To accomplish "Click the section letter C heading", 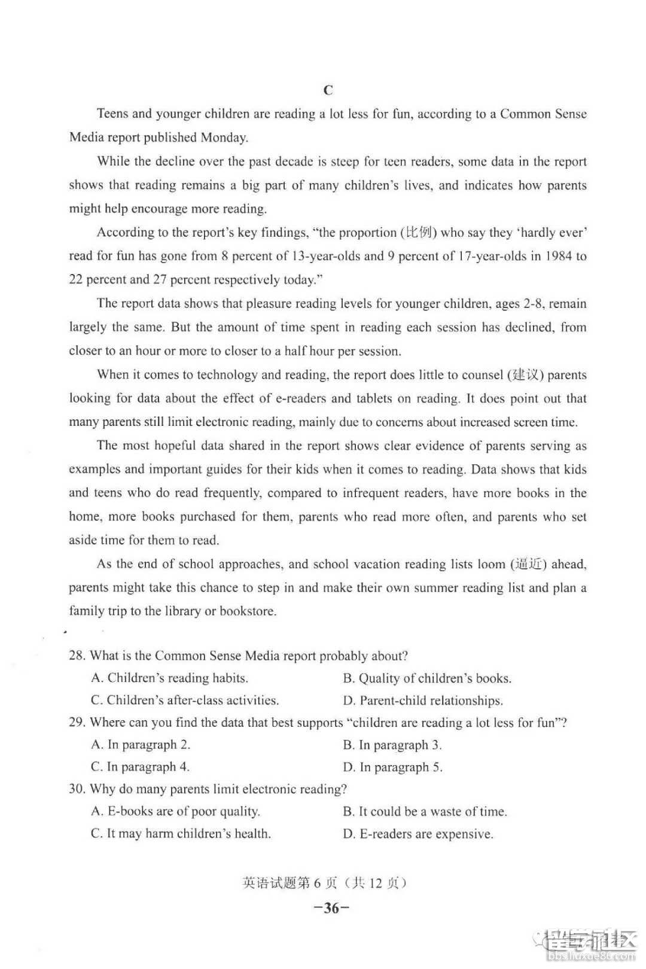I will [328, 90].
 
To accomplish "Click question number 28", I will [77, 656].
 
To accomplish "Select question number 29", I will [77, 723].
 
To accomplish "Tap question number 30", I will [77, 789].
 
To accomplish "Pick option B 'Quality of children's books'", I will [427, 678].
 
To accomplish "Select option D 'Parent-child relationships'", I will [423, 700].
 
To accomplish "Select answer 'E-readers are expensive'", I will [418, 834].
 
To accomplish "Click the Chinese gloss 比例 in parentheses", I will [419, 233].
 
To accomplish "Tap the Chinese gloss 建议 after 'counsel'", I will [525, 375].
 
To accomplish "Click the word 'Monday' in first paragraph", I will [224, 138].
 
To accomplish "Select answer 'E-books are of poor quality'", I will [175, 812].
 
